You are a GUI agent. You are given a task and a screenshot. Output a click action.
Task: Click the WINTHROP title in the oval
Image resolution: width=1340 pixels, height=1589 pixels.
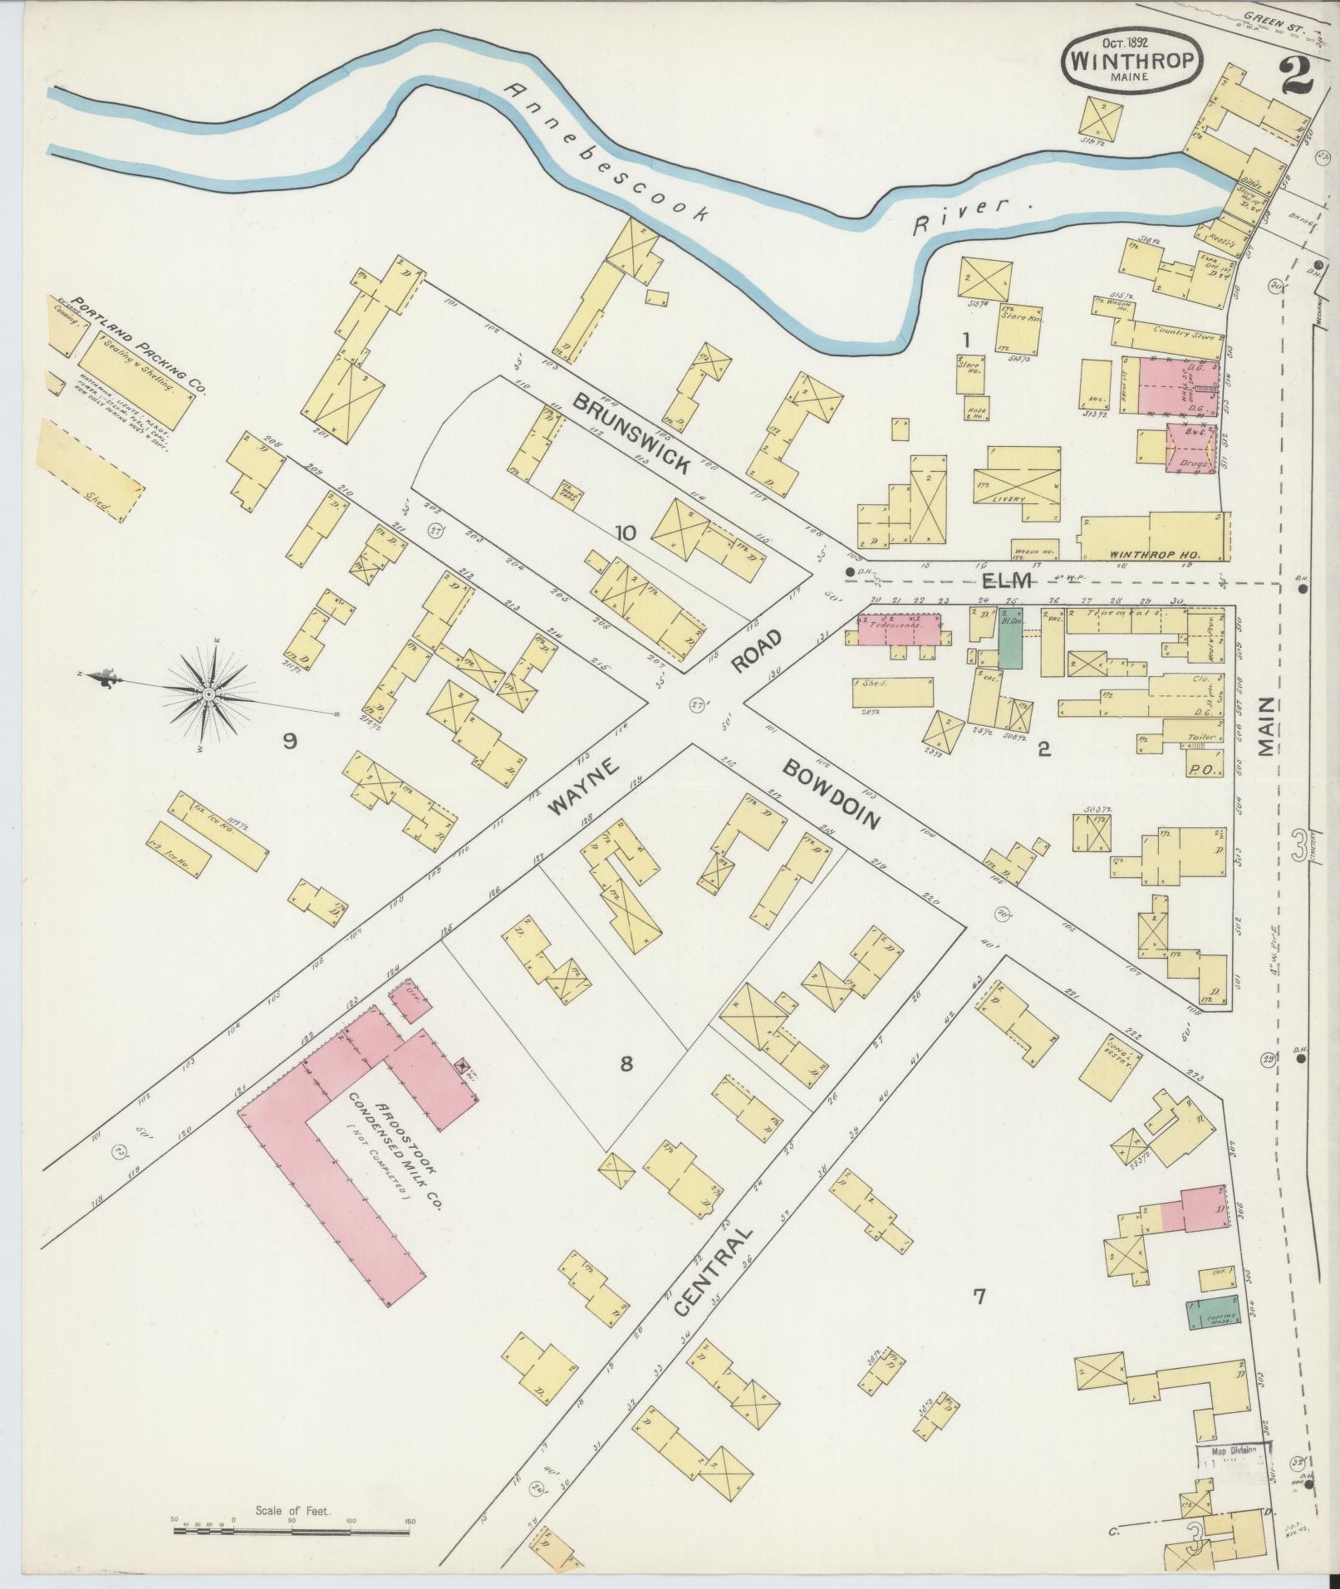[x=1131, y=61]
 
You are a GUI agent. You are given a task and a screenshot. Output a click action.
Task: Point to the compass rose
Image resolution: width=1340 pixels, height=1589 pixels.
[x=209, y=693]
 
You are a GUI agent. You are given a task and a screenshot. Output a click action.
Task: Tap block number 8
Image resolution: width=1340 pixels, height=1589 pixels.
[x=626, y=1064]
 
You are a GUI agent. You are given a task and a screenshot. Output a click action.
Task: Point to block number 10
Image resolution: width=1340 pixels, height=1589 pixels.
[x=625, y=533]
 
